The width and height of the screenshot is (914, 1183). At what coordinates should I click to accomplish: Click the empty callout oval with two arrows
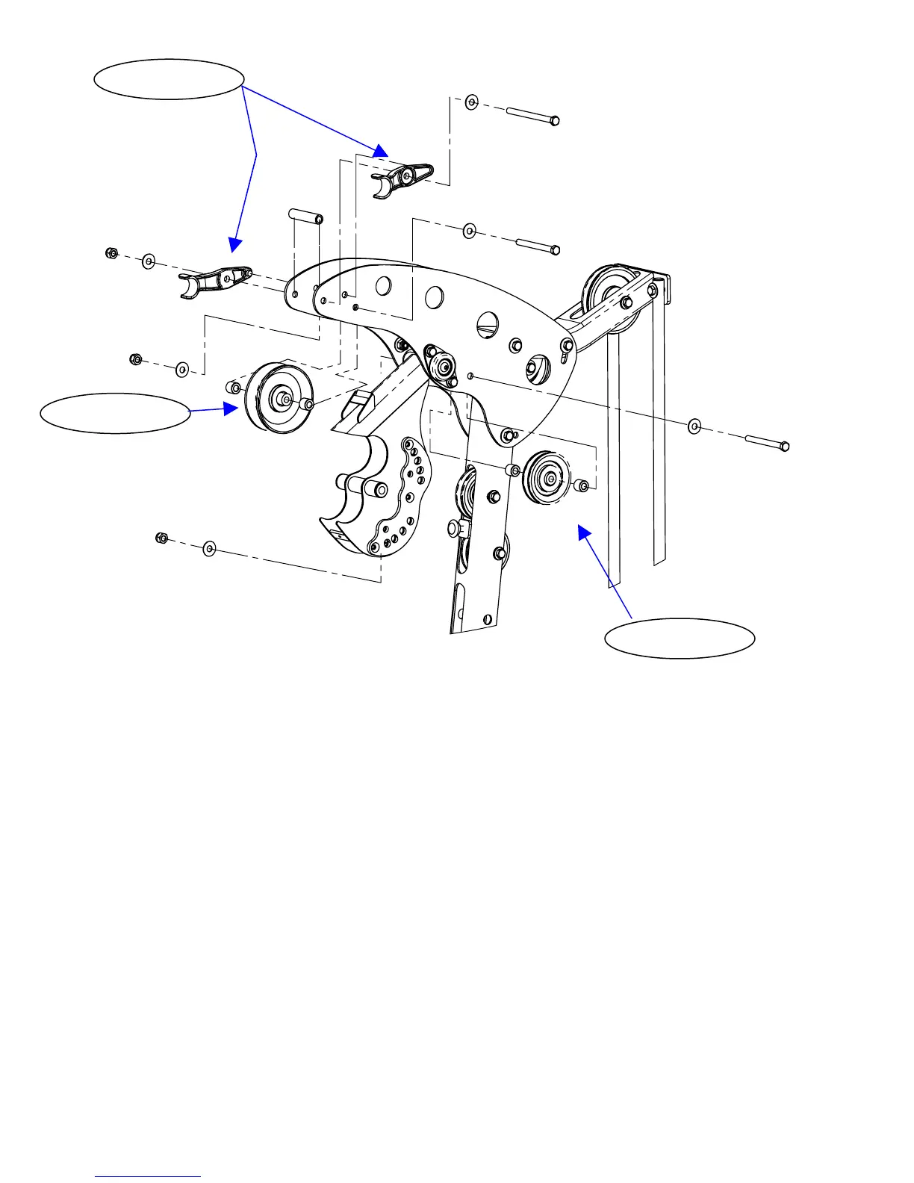pos(170,79)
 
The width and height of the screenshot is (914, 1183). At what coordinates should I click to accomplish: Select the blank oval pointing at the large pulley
pos(115,414)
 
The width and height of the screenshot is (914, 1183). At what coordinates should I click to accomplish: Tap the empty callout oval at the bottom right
pos(680,638)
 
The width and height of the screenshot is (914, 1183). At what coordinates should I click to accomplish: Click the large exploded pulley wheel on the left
pos(277,398)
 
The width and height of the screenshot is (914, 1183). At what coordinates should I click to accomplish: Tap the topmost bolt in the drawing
pos(532,117)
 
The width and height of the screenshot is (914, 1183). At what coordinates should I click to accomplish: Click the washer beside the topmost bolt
pos(471,102)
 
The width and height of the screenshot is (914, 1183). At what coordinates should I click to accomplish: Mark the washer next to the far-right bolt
pos(694,426)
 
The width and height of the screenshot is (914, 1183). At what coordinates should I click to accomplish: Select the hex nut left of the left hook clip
pos(111,252)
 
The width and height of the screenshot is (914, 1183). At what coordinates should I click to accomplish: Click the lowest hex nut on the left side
pos(161,538)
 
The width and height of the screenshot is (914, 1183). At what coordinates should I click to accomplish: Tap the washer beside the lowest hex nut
pos(209,549)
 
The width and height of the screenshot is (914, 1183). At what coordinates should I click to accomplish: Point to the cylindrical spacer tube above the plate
pos(305,217)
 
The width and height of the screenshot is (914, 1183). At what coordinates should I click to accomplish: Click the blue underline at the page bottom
pos(149,1176)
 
